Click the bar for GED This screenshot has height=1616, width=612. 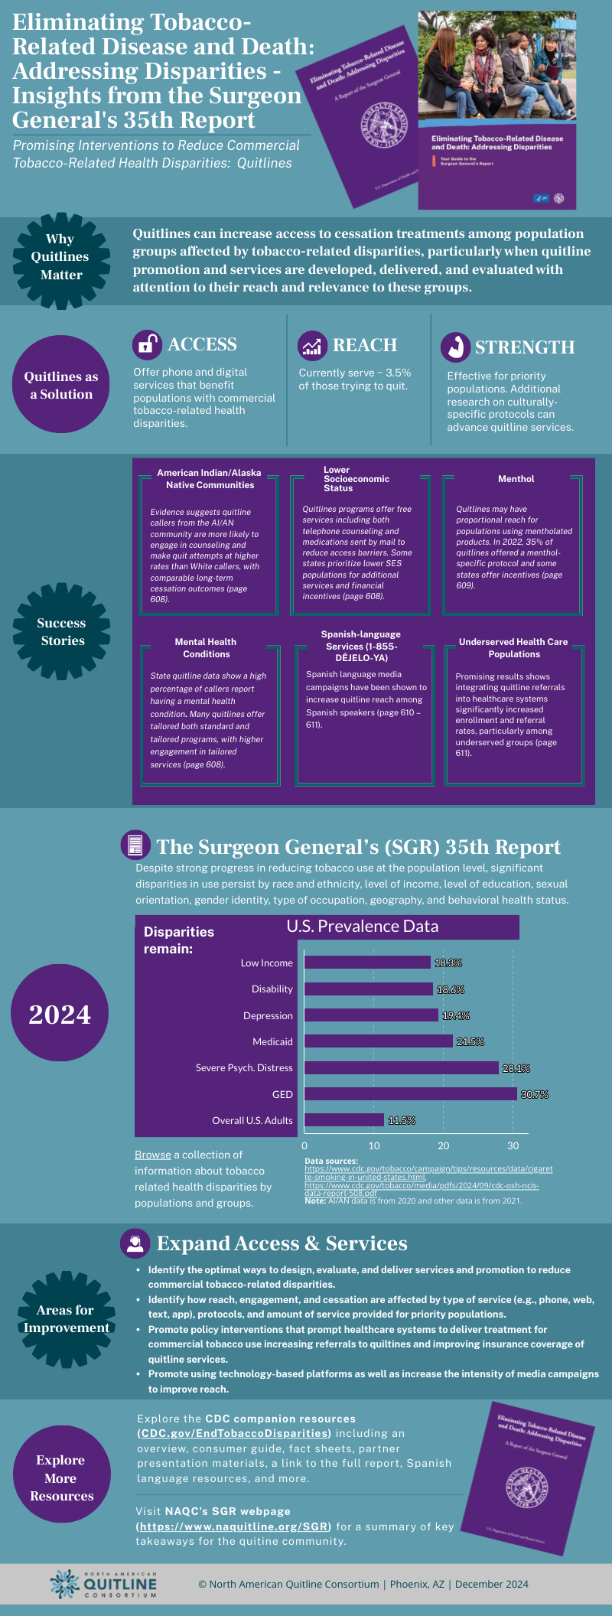[411, 1094]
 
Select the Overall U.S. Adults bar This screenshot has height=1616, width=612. [344, 1120]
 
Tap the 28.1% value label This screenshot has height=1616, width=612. [516, 1068]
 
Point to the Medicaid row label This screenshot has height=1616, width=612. [272, 1042]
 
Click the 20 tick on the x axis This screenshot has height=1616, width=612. [444, 1145]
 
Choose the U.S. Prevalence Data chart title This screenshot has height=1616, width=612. [363, 927]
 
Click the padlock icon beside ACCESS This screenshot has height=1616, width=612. [146, 345]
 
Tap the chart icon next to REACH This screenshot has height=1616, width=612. [311, 346]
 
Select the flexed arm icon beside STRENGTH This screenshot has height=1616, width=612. [455, 347]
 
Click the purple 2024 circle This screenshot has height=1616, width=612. [60, 1014]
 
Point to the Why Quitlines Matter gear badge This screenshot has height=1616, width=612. [61, 257]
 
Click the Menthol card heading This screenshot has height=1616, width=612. [516, 479]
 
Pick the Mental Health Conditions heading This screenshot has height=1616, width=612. [206, 648]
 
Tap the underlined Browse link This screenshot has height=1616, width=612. [153, 1155]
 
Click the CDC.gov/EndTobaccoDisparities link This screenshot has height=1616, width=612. [234, 1433]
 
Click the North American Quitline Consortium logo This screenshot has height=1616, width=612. [103, 1584]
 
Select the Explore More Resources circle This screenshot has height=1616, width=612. [61, 1478]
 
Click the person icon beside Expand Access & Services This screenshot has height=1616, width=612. [135, 1243]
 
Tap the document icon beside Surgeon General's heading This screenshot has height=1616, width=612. [135, 845]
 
